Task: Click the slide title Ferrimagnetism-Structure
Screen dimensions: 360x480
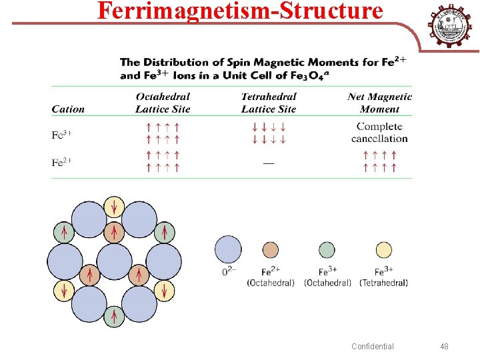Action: pyautogui.click(x=240, y=11)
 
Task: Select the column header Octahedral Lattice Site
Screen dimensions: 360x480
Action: pyautogui.click(x=163, y=103)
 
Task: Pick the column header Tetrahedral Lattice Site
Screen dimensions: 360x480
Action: pyautogui.click(x=269, y=103)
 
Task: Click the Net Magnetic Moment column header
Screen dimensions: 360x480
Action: pyautogui.click(x=379, y=103)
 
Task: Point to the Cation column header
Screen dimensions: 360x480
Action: pyautogui.click(x=68, y=109)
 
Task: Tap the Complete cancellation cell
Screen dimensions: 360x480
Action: pyautogui.click(x=379, y=133)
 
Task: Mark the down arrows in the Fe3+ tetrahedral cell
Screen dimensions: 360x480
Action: pyautogui.click(x=269, y=133)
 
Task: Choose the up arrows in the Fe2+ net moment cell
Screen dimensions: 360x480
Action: pyautogui.click(x=379, y=162)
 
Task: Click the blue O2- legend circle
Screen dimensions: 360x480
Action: pyautogui.click(x=228, y=250)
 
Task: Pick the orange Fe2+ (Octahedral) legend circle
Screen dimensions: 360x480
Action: pyautogui.click(x=270, y=251)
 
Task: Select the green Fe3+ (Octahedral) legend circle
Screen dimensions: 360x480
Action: pyautogui.click(x=327, y=251)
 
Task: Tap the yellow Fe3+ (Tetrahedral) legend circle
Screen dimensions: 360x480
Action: pyautogui.click(x=383, y=251)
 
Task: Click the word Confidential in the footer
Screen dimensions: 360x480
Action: pyautogui.click(x=373, y=346)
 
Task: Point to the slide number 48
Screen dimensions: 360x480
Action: pyautogui.click(x=445, y=346)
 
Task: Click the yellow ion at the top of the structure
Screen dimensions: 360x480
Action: pyautogui.click(x=114, y=207)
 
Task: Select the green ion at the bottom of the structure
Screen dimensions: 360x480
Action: pyautogui.click(x=114, y=317)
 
